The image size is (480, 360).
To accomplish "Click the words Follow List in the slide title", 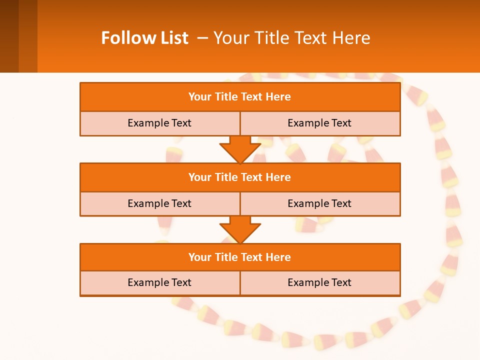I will coord(144,38).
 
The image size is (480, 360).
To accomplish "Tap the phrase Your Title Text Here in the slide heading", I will coord(292,38).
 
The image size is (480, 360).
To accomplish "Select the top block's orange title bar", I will coord(240,97).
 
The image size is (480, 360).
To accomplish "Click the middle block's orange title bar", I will coord(240,177).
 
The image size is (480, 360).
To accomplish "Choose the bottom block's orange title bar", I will coord(240,257).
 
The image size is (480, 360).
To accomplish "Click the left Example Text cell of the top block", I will coord(159,123).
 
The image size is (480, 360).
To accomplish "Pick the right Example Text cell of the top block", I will coord(319,123).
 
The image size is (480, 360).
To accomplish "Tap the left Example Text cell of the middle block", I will coord(159,203).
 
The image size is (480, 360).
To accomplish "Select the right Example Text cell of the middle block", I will coord(319,203).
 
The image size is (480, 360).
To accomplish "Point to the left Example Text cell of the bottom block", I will coord(159,282).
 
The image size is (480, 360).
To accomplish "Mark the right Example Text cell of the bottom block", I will coord(319,282).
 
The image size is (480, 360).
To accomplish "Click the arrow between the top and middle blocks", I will coord(240,149).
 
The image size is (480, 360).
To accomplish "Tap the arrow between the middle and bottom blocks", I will coord(240,229).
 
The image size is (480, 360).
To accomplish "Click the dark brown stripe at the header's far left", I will coord(9,36).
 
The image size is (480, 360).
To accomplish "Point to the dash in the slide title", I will coord(202,38).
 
